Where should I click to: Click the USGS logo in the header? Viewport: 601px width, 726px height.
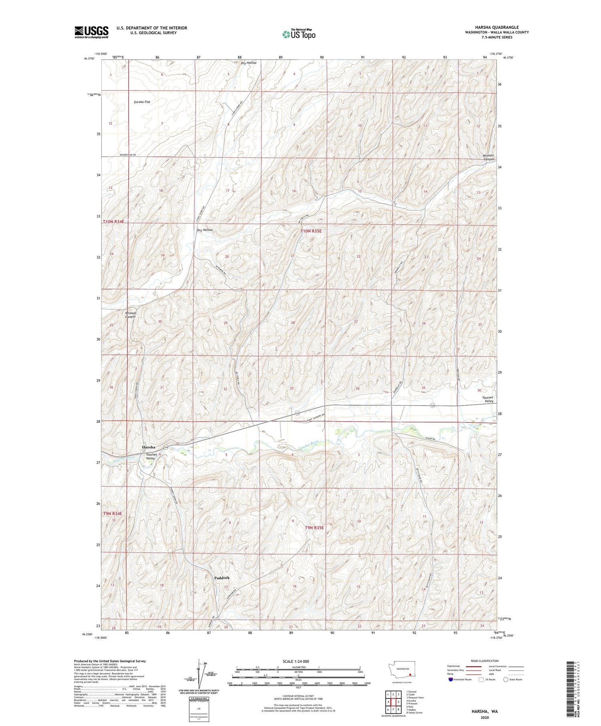tap(91, 32)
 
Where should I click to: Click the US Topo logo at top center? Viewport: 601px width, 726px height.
tap(298, 34)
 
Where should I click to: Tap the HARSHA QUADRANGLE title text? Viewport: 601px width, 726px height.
tap(497, 27)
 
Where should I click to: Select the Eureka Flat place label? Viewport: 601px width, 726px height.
tap(142, 102)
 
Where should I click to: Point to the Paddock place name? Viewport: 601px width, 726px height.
tap(222, 578)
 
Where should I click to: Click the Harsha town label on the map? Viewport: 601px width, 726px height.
tap(149, 447)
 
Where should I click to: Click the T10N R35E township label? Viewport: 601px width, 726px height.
tap(311, 231)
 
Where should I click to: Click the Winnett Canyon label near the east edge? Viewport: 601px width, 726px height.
tap(488, 157)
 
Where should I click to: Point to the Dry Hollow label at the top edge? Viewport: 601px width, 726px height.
tap(248, 63)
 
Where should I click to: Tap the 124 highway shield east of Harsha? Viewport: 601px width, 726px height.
tap(165, 447)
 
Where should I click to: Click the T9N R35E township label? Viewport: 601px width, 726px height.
tap(314, 528)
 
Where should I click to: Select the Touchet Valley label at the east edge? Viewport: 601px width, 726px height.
tap(488, 399)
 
